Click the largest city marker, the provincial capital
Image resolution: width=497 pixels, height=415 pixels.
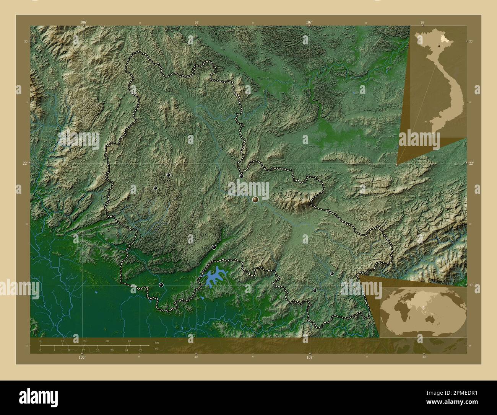255,199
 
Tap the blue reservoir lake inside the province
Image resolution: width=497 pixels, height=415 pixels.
214,276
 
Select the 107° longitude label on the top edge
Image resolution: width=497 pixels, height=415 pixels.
309,22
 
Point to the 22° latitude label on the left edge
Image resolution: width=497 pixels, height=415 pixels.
25,163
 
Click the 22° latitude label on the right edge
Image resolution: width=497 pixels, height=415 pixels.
471,163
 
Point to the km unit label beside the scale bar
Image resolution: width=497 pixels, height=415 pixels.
156,342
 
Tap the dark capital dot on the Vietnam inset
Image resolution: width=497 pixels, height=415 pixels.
439,46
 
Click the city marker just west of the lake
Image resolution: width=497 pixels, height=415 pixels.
161,285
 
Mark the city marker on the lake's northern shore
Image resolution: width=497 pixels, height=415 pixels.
214,247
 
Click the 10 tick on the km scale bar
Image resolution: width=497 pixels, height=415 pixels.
62,341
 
